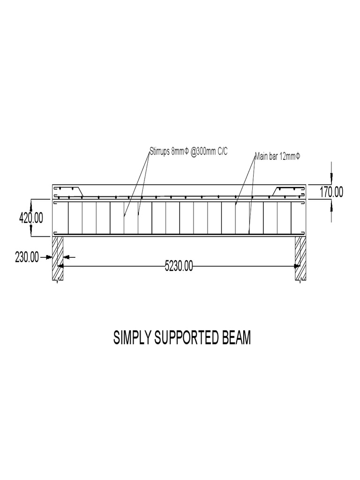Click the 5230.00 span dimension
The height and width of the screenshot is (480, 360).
pos(179,266)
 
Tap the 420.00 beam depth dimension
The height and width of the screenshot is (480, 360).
pos(31,218)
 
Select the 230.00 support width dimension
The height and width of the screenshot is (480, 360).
pos(27,257)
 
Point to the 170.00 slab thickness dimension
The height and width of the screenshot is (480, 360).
pos(331,192)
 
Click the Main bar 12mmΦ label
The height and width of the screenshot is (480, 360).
pos(277,156)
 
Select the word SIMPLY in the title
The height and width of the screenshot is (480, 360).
pos(132,338)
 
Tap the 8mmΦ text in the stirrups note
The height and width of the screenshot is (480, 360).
pos(180,152)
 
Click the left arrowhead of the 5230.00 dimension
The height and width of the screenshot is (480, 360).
pos(60,266)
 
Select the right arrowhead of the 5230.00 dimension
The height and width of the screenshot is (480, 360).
pos(297,266)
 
